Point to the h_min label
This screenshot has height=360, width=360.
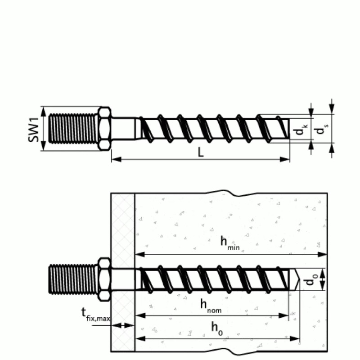[x=229, y=243]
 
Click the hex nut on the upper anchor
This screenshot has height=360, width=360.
[x=104, y=129]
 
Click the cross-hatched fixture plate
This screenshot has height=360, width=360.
[x=123, y=234]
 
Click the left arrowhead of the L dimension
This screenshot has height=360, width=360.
[x=113, y=159]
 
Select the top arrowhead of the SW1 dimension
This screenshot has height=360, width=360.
[x=43, y=109]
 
